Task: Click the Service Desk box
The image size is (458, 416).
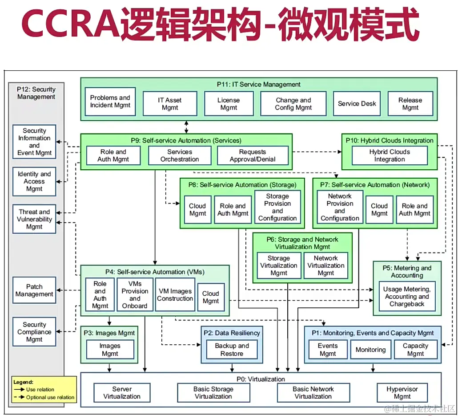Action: click(x=357, y=104)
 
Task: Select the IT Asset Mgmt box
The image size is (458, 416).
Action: click(x=169, y=104)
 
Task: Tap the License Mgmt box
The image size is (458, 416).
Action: click(x=229, y=104)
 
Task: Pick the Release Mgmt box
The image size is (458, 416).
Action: click(x=410, y=104)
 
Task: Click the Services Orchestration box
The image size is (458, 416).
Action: click(x=179, y=155)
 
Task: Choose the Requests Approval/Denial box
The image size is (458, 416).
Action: click(x=252, y=155)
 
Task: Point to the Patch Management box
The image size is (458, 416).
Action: click(x=34, y=290)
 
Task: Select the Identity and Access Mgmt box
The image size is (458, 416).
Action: click(x=34, y=181)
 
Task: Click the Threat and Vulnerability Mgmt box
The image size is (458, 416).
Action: click(x=34, y=219)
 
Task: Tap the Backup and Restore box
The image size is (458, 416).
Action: click(x=232, y=350)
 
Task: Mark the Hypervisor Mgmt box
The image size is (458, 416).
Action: click(x=402, y=393)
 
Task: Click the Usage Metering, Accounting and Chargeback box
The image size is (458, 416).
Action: click(x=407, y=297)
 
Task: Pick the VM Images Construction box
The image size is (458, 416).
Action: click(x=175, y=295)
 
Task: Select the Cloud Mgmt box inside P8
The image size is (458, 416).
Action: click(x=197, y=210)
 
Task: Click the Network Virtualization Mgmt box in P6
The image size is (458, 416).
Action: click(x=325, y=265)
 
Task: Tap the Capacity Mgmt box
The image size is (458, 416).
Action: click(x=415, y=350)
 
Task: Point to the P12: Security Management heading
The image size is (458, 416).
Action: click(x=36, y=93)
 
